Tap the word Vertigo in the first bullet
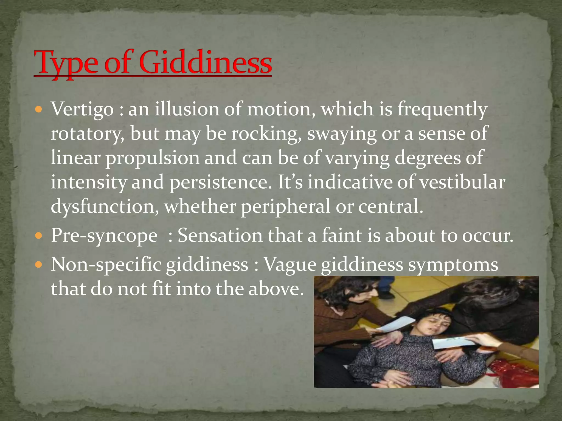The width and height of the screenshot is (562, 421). point(82,109)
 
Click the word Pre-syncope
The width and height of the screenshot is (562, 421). point(104,236)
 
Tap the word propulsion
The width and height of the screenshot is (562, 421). point(153,158)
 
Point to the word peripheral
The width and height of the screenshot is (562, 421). point(285,207)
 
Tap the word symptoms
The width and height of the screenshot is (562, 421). point(453,265)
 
